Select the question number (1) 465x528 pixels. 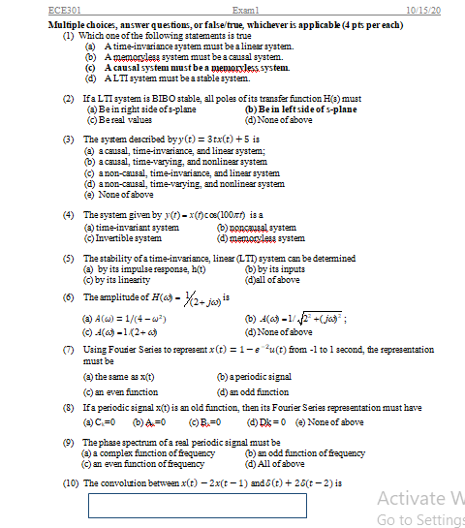pos(70,35)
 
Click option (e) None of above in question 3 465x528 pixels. pos(121,195)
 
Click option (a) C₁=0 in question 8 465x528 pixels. pos(102,421)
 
